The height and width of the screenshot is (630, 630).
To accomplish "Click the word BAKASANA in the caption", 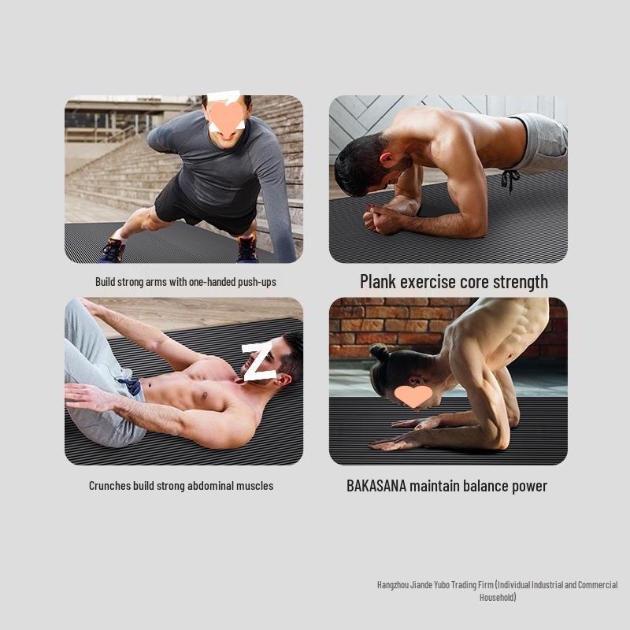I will coord(376,485).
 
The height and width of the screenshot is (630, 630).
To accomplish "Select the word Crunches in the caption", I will coord(109,486).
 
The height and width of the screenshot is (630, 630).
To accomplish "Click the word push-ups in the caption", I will coord(258,281).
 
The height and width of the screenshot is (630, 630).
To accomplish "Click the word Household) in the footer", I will coord(498,598).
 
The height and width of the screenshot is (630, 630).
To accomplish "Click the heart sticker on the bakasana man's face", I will coord(413,395).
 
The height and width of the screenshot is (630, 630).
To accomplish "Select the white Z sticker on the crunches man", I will coord(258,361).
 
